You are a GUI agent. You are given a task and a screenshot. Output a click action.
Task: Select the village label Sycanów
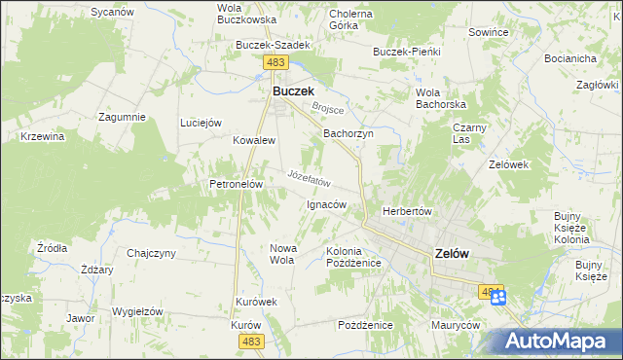111,12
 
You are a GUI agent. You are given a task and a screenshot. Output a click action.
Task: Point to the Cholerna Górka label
351,19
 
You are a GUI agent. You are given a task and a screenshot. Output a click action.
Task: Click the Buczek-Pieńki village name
407,51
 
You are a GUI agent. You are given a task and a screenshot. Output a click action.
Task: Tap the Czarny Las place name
470,133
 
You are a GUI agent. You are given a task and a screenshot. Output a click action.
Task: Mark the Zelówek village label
508,164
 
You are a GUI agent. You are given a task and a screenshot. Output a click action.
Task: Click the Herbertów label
407,211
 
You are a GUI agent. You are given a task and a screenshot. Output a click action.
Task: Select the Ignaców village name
326,204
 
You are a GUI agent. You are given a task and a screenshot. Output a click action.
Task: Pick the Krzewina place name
42,136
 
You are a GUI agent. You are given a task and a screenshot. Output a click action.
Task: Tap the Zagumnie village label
122,117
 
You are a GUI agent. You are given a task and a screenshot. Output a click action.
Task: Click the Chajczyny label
151,253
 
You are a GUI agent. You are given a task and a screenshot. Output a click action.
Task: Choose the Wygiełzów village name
136,311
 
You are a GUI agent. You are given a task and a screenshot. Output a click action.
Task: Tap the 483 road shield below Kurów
251,341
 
